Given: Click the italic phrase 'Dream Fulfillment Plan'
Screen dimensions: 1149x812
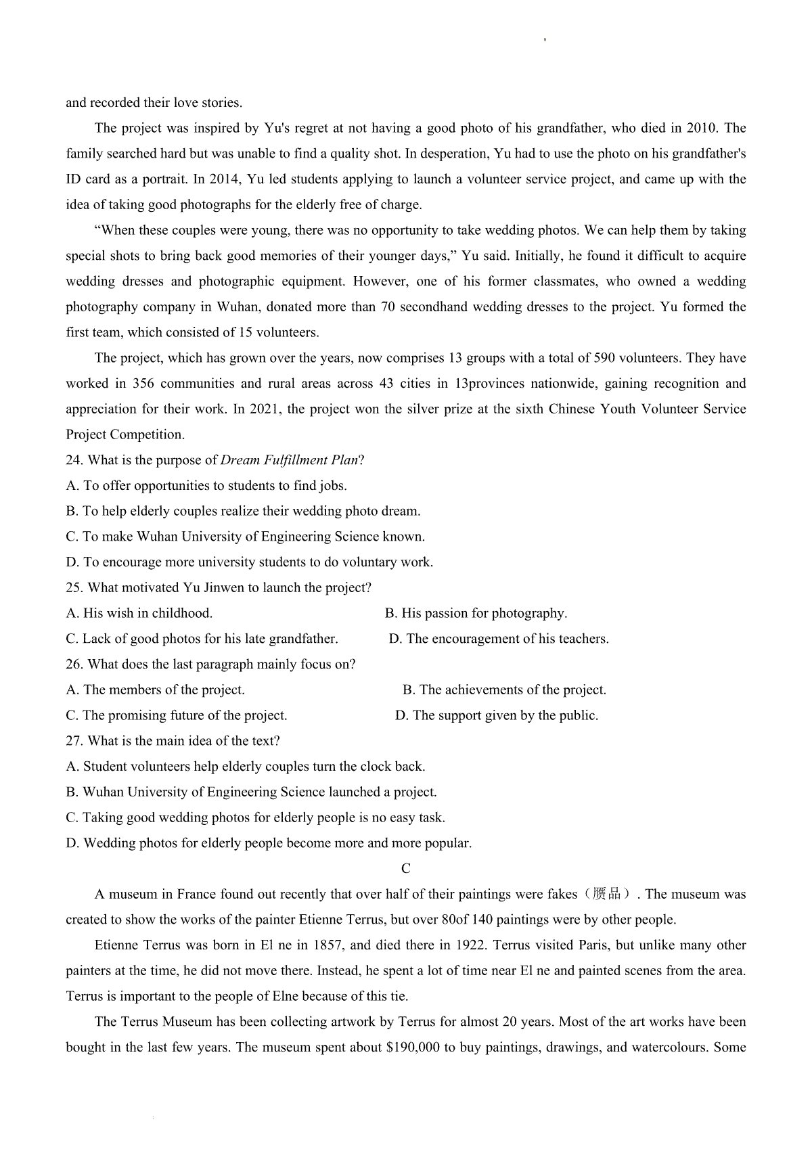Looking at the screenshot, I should point(290,460).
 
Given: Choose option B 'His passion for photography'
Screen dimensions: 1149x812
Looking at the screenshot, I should point(476,613).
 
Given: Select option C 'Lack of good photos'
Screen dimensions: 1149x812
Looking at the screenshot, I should point(202,639).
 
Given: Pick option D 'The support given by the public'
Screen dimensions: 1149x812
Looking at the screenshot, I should point(497,715).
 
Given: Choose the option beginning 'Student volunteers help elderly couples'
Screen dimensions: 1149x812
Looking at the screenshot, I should point(246,767).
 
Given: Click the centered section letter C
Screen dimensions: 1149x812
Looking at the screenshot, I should point(406,869).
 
